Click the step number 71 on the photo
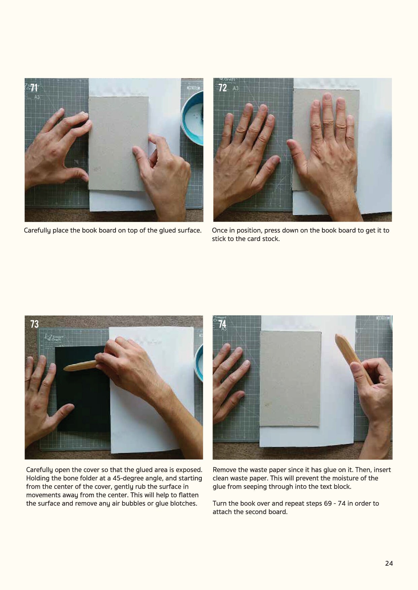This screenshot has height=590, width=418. coord(34,88)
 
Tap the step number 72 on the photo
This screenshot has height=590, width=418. coord(223,88)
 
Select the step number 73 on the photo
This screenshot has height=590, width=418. coord(34,324)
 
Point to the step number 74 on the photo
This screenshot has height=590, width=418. coord(222,324)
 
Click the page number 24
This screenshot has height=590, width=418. coord(389,563)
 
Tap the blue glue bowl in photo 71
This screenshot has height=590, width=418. coord(192,121)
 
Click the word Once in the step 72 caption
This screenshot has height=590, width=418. coord(220,230)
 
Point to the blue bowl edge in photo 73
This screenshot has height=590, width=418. coord(199,363)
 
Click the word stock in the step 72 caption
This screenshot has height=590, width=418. coord(270,239)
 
